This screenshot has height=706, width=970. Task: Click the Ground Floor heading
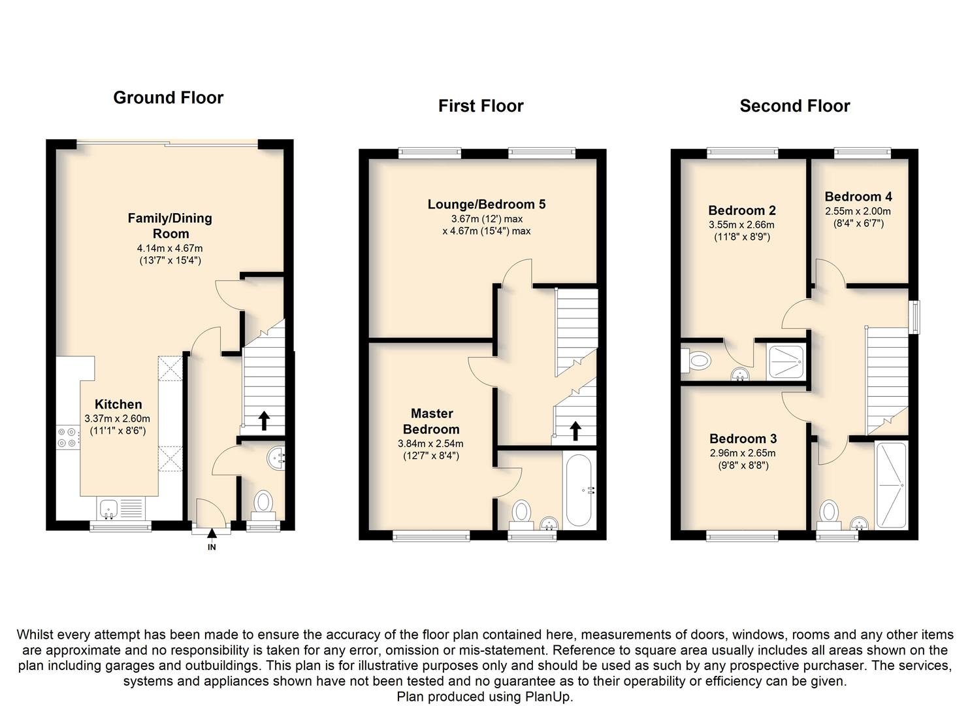tap(169, 98)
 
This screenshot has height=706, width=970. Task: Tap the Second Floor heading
tap(795, 106)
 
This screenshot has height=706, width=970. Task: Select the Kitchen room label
tap(118, 405)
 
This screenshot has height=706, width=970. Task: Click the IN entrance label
tap(212, 547)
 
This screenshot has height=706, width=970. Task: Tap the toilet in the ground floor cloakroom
tap(263, 505)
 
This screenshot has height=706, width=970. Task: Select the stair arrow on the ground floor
tap(264, 421)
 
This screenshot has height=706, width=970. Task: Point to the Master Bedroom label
tap(431, 421)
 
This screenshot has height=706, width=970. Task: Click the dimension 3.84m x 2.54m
tap(430, 444)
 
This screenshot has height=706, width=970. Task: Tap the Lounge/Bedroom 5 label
tap(487, 204)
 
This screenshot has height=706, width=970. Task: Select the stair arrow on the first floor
tap(575, 431)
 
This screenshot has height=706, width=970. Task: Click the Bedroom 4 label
tap(858, 197)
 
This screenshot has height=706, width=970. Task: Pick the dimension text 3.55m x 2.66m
tap(741, 225)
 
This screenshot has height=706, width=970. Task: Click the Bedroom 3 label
tap(743, 439)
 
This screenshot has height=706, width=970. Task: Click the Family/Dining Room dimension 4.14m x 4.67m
tap(170, 249)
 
